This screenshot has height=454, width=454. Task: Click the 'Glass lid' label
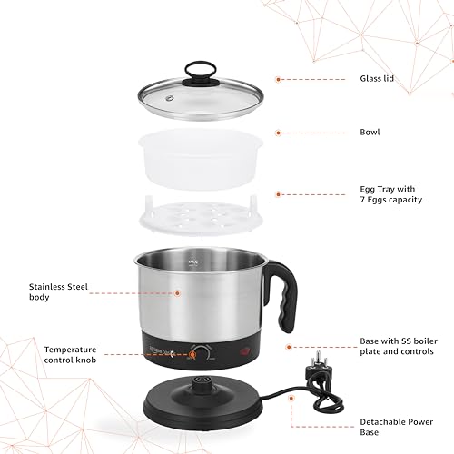pyautogui.click(x=377, y=79)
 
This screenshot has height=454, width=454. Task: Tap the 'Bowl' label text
pyautogui.click(x=370, y=133)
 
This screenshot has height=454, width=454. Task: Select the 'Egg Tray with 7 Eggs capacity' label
pyautogui.click(x=390, y=194)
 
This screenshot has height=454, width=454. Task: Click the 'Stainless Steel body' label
pyautogui.click(x=58, y=291)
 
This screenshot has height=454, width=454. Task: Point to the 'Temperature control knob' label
pyautogui.click(x=70, y=355)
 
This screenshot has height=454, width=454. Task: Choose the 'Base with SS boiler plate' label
pyautogui.click(x=399, y=346)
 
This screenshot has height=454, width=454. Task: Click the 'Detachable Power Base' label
pyautogui.click(x=397, y=427)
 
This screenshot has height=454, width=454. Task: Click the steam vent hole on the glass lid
pyautogui.click(x=170, y=98)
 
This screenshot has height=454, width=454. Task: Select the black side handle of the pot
pyautogui.click(x=284, y=293)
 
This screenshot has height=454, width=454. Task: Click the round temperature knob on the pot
pyautogui.click(x=201, y=352)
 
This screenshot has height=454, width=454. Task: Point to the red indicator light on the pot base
pyautogui.click(x=245, y=352)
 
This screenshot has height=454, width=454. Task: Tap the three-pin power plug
pyautogui.click(x=319, y=366)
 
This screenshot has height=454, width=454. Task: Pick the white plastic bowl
pyautogui.click(x=201, y=159)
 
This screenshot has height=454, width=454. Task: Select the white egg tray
pyautogui.click(x=200, y=215)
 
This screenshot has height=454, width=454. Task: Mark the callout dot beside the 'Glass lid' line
pyautogui.click(x=279, y=80)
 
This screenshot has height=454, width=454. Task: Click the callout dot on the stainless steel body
pyautogui.click(x=177, y=293)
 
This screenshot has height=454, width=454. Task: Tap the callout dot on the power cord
pyautogui.click(x=291, y=398)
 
